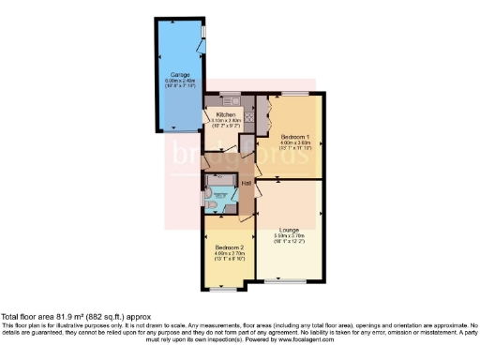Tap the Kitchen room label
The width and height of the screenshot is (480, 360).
221,114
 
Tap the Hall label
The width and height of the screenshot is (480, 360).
246,182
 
